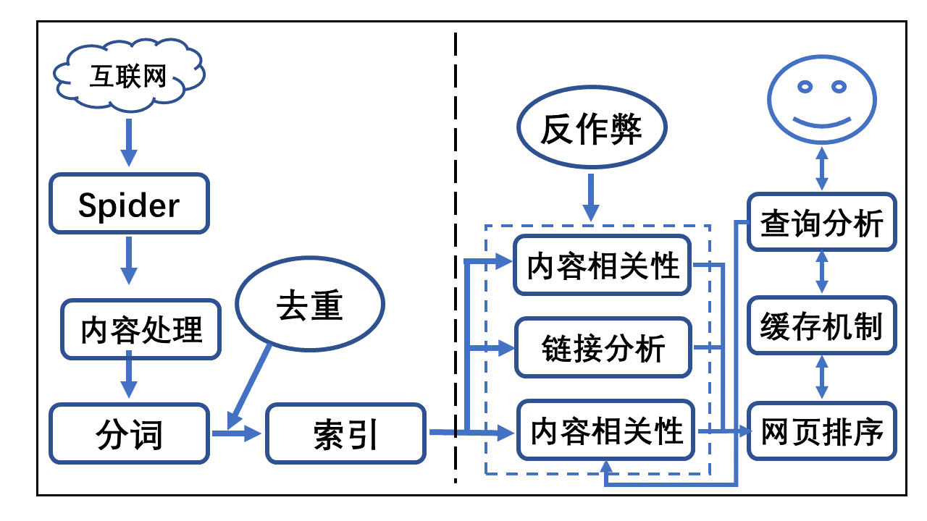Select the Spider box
pyautogui.click(x=129, y=205)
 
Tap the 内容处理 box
pyautogui.click(x=140, y=329)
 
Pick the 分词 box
pyautogui.click(x=129, y=433)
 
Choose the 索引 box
pyautogui.click(x=345, y=433)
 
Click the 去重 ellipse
pyautogui.click(x=309, y=307)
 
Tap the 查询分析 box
pyautogui.click(x=821, y=222)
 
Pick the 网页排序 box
pyautogui.click(x=821, y=432)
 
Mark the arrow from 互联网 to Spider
pyautogui.click(x=128, y=142)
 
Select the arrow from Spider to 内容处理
pyautogui.click(x=129, y=259)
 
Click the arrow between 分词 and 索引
pyautogui.click(x=236, y=433)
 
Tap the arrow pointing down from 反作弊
pyautogui.click(x=592, y=195)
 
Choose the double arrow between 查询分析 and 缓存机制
pyautogui.click(x=821, y=274)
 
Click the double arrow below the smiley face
pyautogui.click(x=821, y=170)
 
